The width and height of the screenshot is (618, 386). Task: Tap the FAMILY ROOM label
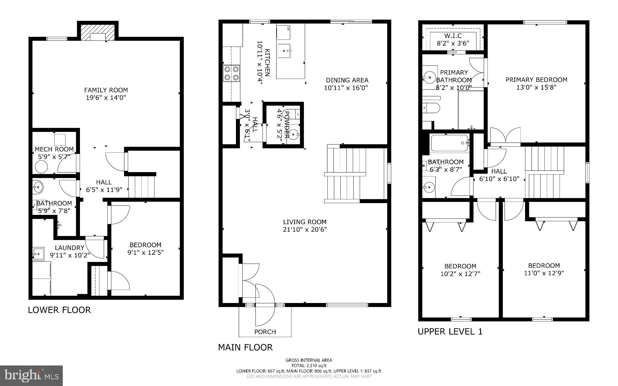click(106, 90)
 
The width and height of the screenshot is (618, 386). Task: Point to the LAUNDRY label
click(69, 248)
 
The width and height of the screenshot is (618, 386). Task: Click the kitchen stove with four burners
click(231, 73)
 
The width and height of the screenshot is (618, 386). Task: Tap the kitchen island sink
click(284, 51)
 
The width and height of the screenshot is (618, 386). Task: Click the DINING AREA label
click(347, 80)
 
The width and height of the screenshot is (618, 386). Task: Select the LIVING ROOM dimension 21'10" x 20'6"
click(305, 229)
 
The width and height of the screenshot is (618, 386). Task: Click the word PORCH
click(265, 332)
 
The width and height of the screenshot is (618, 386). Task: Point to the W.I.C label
click(453, 36)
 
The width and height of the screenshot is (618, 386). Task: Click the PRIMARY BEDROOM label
click(536, 80)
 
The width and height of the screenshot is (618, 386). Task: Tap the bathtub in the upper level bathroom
click(449, 143)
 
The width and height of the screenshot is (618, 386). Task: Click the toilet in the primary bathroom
click(432, 108)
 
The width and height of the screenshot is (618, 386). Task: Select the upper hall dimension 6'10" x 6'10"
click(499, 179)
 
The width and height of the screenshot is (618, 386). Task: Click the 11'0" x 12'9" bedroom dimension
click(544, 273)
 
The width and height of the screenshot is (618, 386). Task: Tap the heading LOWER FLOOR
click(59, 310)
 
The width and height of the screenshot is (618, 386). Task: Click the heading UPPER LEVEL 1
click(450, 331)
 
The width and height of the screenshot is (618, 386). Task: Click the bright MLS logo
click(31, 375)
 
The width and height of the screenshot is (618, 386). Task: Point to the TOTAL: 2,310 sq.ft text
click(309, 365)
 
